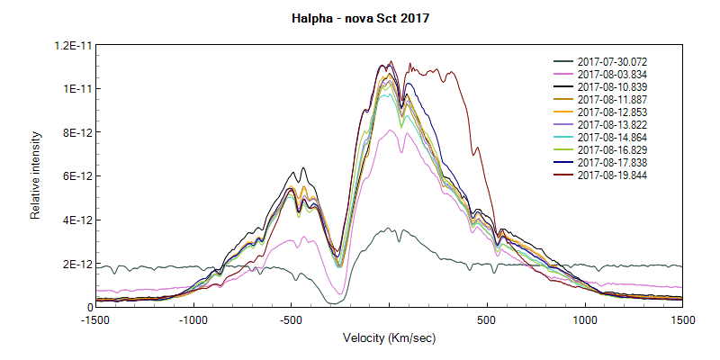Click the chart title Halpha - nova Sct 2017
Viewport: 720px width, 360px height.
point(360,18)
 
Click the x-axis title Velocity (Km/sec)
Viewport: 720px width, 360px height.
point(389,338)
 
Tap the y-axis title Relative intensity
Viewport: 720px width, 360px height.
point(36,175)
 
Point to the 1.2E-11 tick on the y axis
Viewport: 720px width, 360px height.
point(70,45)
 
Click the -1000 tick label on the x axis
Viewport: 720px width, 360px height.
point(193,319)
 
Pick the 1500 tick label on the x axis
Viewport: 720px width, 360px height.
point(681,319)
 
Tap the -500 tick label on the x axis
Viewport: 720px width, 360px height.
point(291,319)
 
